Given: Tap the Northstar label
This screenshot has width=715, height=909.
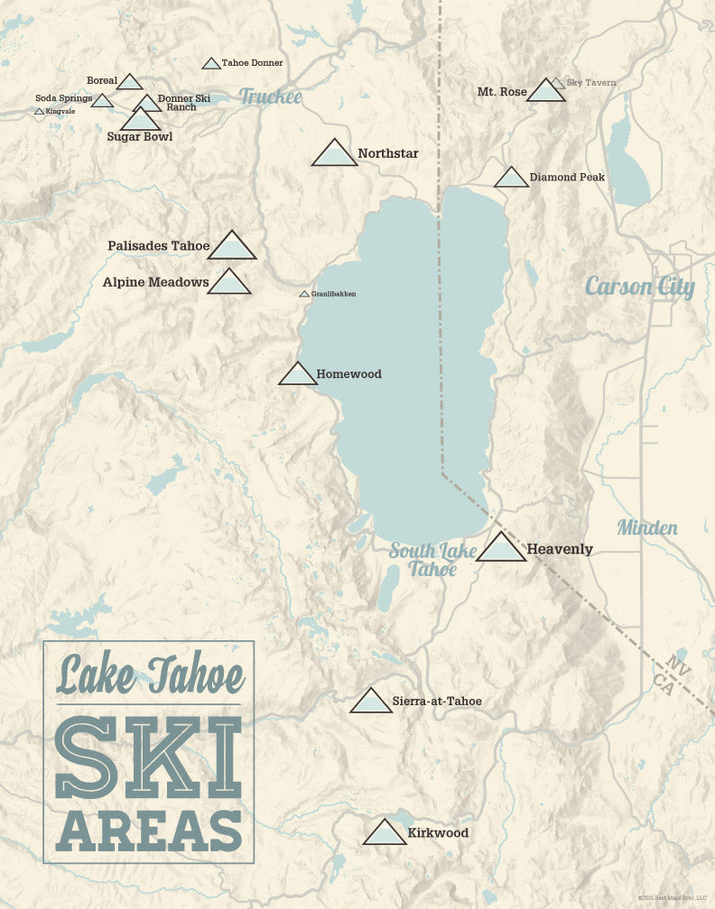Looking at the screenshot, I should coord(387,153).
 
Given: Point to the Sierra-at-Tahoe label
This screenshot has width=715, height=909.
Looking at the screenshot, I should coord(437,701).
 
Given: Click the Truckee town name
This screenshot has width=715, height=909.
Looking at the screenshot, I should coord(270,96).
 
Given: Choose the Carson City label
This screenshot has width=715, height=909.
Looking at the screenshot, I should coord(639,287).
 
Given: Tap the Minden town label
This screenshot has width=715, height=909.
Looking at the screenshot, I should coord(647,528).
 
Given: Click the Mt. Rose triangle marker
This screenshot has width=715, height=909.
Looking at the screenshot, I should coord(545,91).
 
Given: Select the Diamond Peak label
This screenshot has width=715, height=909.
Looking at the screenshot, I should coord(567,177).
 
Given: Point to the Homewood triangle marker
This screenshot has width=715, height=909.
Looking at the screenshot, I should coord(298,375).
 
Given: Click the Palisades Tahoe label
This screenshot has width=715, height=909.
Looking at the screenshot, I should coord(158,245).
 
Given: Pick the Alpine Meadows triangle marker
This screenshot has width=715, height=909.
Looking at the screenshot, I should coord(228,283).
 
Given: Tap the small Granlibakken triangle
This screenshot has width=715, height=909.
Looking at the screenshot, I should coord(304,294).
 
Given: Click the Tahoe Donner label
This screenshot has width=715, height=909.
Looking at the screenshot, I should coord(252,63).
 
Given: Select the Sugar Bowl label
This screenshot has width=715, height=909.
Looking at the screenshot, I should coord(139,136).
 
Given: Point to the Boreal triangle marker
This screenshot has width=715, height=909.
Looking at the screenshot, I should coord(130,83).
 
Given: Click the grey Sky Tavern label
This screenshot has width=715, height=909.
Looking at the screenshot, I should coord(591,83).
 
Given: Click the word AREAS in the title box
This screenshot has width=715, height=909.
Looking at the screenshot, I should coord(149,831).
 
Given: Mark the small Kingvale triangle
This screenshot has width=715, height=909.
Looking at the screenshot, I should coord(39,112).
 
